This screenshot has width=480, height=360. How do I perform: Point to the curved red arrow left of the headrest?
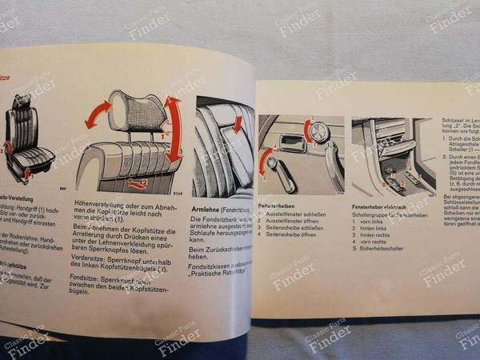(98, 113)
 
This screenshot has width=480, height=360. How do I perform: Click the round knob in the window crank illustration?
(319, 130)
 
